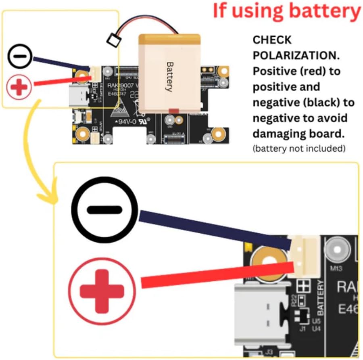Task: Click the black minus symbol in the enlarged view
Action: (104, 210)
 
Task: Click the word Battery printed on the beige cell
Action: (170, 77)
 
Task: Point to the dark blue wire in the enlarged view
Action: (214, 228)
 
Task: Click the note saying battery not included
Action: (299, 149)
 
